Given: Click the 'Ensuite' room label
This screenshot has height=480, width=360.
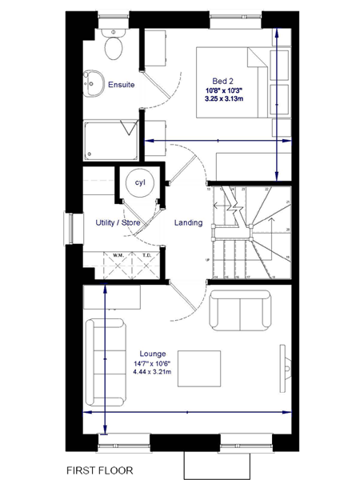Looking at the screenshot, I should pyautogui.click(x=121, y=84).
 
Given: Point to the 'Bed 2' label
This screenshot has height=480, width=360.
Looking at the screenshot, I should pyautogui.click(x=223, y=79).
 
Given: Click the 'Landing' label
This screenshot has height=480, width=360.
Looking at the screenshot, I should pyautogui.click(x=188, y=222).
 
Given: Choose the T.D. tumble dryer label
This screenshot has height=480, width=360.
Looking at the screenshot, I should pyautogui.click(x=146, y=257).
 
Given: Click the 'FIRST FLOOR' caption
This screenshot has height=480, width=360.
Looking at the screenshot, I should pyautogui.click(x=100, y=470).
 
